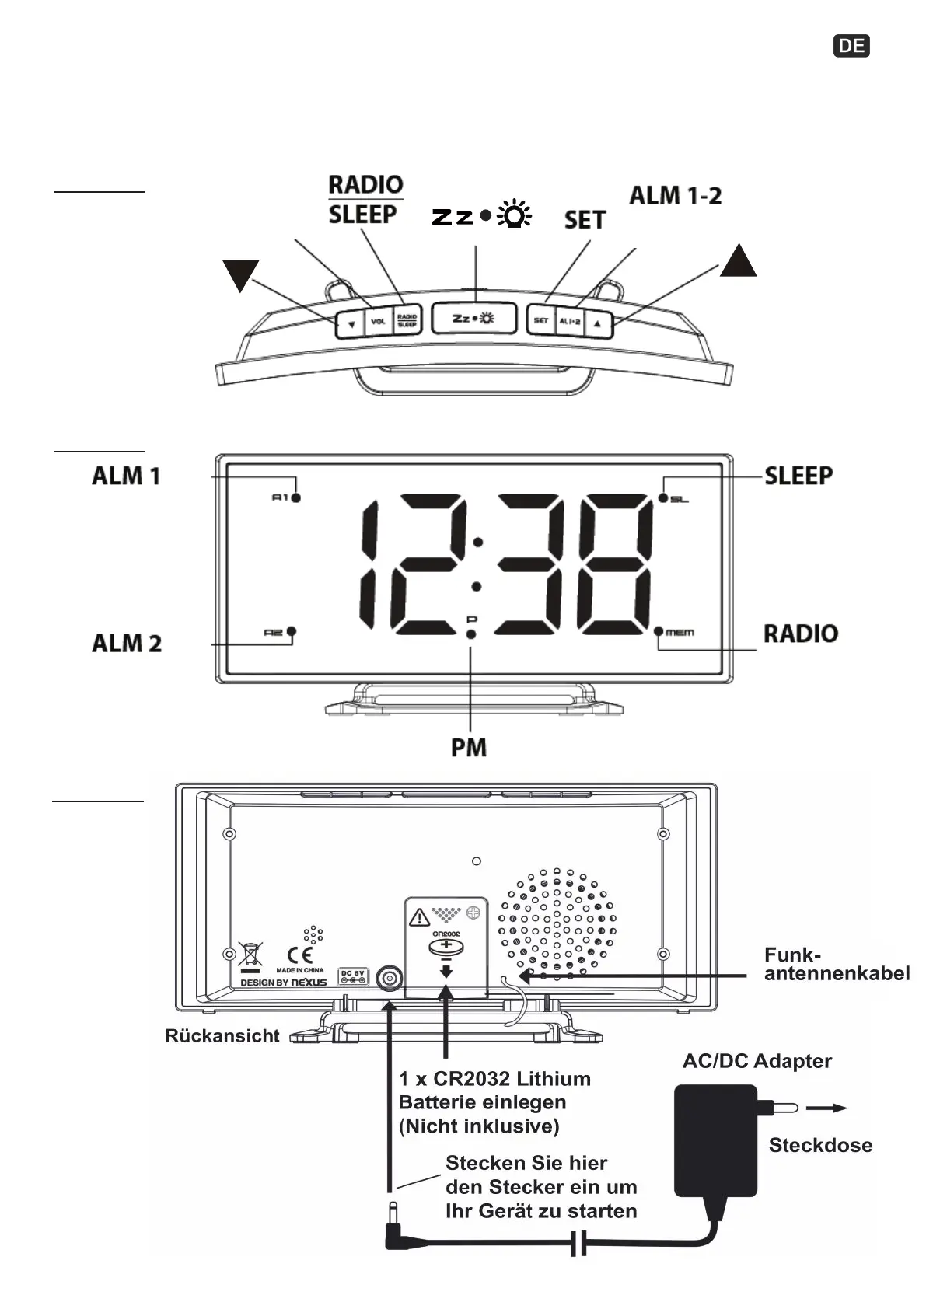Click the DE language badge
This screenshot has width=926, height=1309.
pyautogui.click(x=851, y=46)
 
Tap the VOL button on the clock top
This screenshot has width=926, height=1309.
pyautogui.click(x=378, y=321)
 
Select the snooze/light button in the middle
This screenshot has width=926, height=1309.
pyautogui.click(x=473, y=318)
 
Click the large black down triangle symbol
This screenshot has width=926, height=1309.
pyautogui.click(x=240, y=274)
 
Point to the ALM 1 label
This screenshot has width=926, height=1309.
pyautogui.click(x=126, y=476)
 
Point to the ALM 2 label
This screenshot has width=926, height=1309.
pyautogui.click(x=127, y=644)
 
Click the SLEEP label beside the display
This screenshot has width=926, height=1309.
pyautogui.click(x=798, y=476)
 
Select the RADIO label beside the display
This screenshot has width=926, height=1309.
pyautogui.click(x=801, y=634)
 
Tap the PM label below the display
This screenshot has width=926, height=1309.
pyautogui.click(x=469, y=748)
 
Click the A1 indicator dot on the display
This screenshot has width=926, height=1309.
pyautogui.click(x=296, y=497)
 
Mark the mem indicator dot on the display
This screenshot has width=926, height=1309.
pyautogui.click(x=659, y=631)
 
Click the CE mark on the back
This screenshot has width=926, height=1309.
pyautogui.click(x=300, y=955)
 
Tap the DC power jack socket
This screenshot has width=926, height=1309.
pyautogui.click(x=389, y=979)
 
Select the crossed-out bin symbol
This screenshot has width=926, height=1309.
pyautogui.click(x=250, y=955)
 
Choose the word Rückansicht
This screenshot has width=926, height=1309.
pyautogui.click(x=222, y=1036)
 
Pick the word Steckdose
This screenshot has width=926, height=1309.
pyautogui.click(x=820, y=1145)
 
